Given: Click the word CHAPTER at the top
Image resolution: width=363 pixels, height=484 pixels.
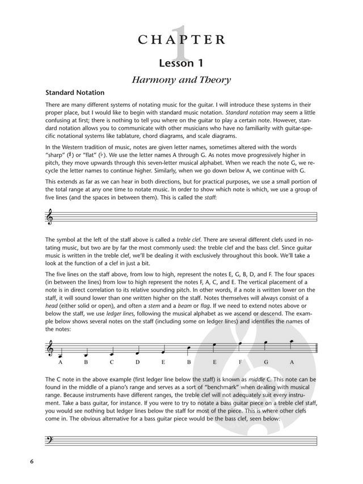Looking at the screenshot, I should pos(181,39).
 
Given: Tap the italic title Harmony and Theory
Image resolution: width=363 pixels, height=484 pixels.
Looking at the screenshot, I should pos(181,81).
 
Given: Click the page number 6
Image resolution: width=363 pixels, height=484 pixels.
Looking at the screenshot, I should pos(33,460).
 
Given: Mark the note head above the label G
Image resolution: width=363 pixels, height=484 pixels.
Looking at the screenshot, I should pos(265,343).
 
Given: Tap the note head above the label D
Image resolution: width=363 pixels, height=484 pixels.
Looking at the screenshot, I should pos(137,351).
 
